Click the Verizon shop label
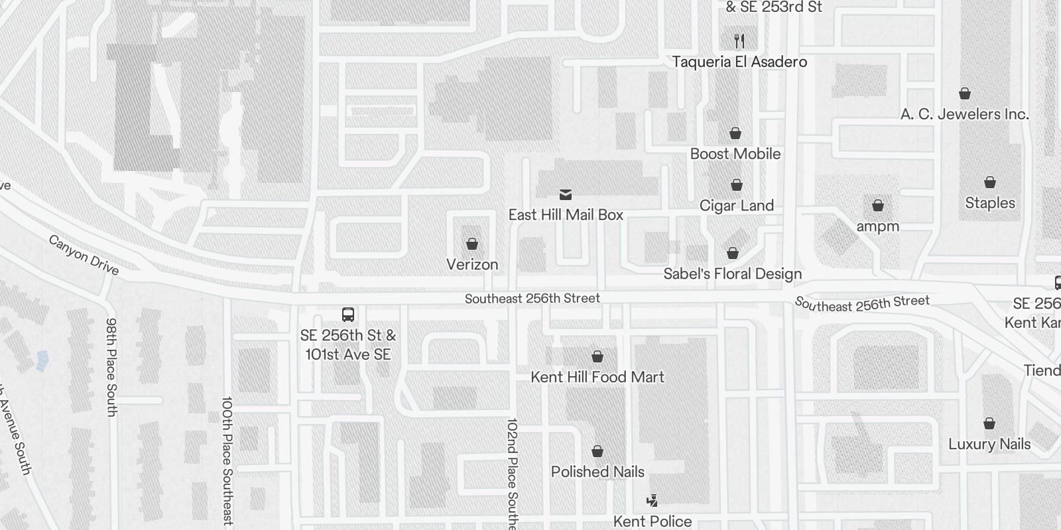(472, 264)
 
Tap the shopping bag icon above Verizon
(472, 244)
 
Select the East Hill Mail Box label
(566, 215)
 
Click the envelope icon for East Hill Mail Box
(566, 195)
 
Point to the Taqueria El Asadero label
(739, 62)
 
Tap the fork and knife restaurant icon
(739, 41)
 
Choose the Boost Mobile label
(735, 154)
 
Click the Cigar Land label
(736, 205)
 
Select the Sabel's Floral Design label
(732, 274)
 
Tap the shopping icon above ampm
(877, 205)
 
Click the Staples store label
(989, 203)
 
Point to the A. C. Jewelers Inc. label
(964, 114)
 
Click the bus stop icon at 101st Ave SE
(348, 314)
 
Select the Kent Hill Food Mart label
(597, 377)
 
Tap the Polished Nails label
(597, 472)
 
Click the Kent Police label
(652, 521)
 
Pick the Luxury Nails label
(989, 444)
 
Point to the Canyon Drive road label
(84, 254)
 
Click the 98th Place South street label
(111, 366)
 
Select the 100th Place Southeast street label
(227, 460)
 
